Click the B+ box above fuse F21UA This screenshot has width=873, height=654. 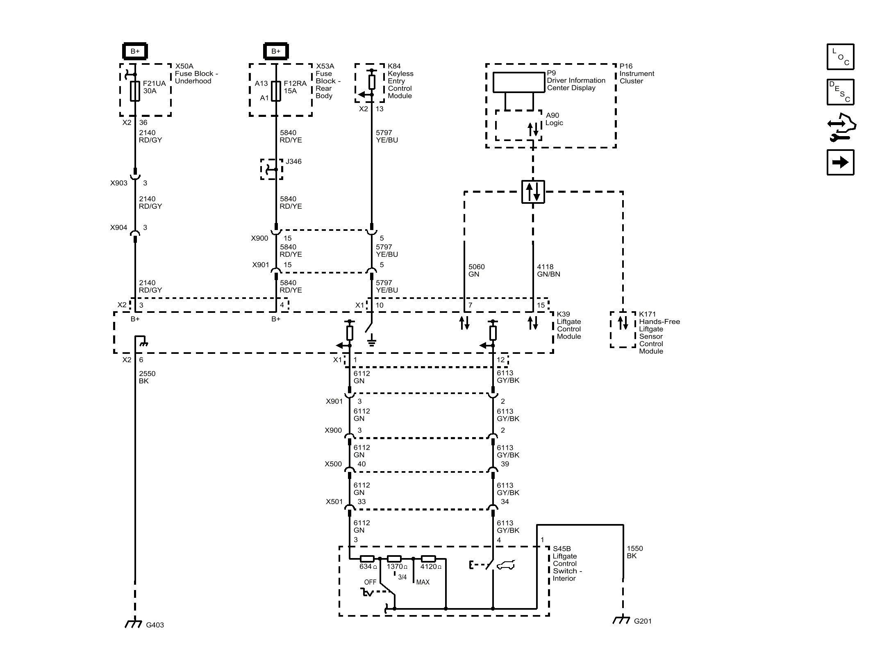(x=135, y=51)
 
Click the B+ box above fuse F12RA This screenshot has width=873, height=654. (x=276, y=51)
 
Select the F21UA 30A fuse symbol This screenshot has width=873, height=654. (x=135, y=91)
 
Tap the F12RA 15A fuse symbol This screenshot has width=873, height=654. (x=276, y=91)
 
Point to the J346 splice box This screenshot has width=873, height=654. (x=272, y=169)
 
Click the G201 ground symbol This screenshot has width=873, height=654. (x=621, y=620)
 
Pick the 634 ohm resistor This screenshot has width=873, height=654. (x=366, y=558)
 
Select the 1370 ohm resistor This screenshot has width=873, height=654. (x=394, y=558)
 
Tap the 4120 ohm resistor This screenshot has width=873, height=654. (x=428, y=558)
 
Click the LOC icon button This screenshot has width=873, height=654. (x=840, y=57)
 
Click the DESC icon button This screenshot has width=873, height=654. (x=840, y=92)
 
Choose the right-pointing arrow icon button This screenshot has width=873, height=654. (x=840, y=162)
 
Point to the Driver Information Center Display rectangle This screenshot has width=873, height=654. (x=518, y=82)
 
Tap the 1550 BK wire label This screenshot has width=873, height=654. (x=634, y=552)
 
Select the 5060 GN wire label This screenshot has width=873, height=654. (x=476, y=270)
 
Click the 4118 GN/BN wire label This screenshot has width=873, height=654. (x=548, y=270)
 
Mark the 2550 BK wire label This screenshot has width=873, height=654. (x=147, y=377)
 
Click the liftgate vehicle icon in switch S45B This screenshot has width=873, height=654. (x=506, y=565)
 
